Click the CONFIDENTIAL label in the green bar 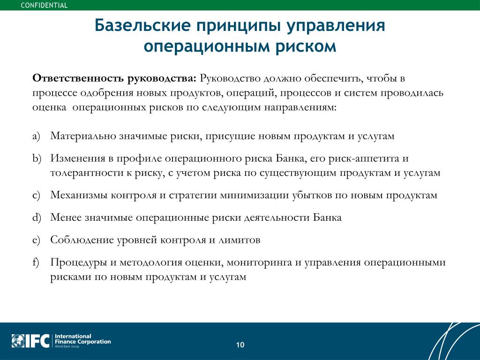coord(44,5)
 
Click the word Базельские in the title coord(142,25)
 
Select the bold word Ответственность coord(78,78)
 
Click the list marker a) coord(36,136)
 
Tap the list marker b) coord(37,158)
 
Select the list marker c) coord(36,195)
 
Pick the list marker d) coord(37,217)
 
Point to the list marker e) coord(36,240)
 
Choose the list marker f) coord(36,262)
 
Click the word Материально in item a coord(82,135)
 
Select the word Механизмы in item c coord(79,195)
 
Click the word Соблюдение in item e coord(82,240)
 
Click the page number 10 coord(240,345)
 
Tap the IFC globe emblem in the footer coord(18,341)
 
